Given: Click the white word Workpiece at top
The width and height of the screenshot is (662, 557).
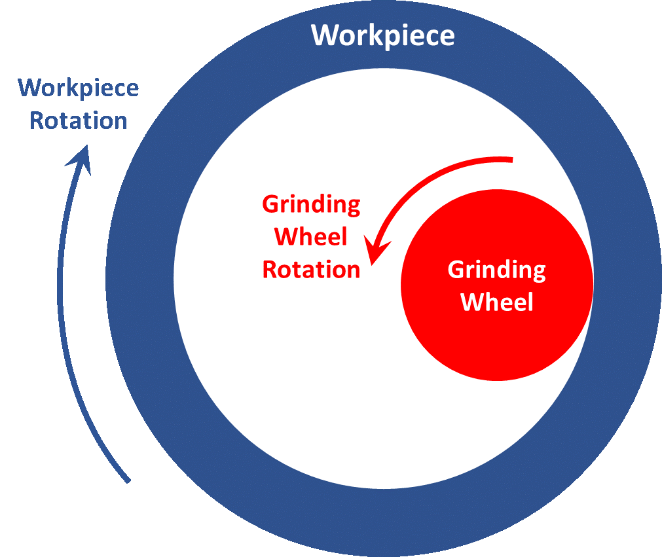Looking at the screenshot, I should click(x=382, y=35).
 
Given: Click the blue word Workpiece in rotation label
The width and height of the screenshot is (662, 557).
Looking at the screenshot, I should click(x=79, y=88).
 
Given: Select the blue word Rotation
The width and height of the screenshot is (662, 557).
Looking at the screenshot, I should click(x=79, y=121).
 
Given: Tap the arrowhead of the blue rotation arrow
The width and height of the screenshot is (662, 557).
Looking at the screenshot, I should click(x=81, y=157).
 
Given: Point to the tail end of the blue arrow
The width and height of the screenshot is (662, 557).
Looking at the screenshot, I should click(x=128, y=481).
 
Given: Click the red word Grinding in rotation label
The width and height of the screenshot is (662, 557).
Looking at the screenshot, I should click(x=311, y=205).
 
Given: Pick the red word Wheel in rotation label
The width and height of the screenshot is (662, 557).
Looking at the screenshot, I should click(x=311, y=237).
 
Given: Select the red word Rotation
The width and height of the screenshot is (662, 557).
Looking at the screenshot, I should click(x=311, y=270).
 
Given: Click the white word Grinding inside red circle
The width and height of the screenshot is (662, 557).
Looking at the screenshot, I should click(x=496, y=270).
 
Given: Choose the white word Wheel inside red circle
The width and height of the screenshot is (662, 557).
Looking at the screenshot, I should click(x=497, y=302).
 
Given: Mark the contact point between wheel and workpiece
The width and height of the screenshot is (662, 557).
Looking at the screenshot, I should click(x=593, y=283).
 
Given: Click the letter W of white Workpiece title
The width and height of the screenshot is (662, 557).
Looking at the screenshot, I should click(x=325, y=35).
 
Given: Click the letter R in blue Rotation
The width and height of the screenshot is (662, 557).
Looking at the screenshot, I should click(x=37, y=121).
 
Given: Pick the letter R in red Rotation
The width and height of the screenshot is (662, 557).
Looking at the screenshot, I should click(x=269, y=270).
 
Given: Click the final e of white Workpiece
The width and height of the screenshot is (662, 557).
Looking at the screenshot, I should click(x=447, y=37).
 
